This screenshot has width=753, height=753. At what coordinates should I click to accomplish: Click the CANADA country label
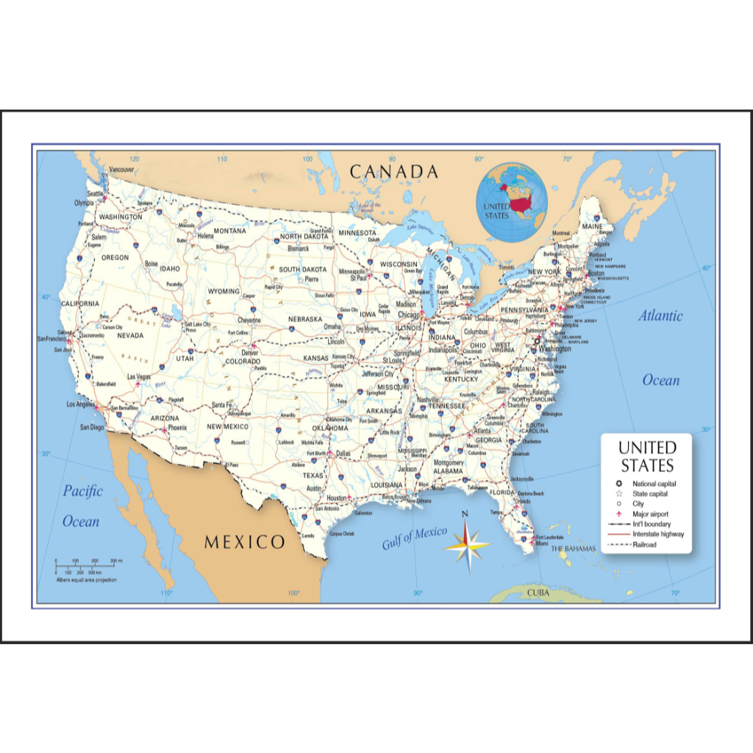coord(393,172)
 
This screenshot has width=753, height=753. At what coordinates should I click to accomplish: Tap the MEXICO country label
coord(244,543)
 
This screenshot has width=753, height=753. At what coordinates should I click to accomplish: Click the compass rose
coord(466,545)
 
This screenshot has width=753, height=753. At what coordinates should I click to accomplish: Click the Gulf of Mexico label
coord(414,538)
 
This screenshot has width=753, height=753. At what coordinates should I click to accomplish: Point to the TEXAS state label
coord(313,476)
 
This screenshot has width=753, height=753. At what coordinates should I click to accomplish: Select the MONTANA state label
coord(229,231)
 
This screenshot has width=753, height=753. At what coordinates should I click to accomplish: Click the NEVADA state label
coord(130,335)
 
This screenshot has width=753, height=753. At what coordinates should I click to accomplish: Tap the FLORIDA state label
coord(502,492)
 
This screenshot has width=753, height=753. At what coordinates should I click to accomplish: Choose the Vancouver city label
coord(121,169)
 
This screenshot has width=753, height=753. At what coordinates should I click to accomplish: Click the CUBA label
coord(538,592)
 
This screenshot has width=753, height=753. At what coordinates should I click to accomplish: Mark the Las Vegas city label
coord(138,376)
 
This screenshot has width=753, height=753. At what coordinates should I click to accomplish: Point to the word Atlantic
coord(660,316)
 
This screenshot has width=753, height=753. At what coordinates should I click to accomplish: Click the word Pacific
coord(82,491)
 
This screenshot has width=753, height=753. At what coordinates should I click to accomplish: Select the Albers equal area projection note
coord(86,580)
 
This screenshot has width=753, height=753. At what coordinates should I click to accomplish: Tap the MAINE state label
coord(592,226)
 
